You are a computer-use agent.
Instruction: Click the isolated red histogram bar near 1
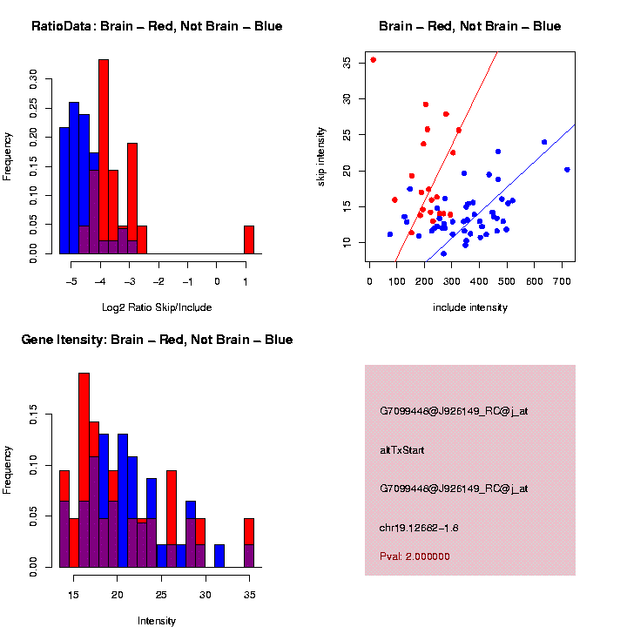click(248, 239)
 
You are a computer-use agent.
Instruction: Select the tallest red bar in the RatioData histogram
click(104, 157)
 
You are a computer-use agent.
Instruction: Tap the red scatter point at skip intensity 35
click(373, 60)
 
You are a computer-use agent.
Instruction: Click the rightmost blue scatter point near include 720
click(567, 170)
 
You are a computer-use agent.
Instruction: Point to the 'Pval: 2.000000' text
click(415, 556)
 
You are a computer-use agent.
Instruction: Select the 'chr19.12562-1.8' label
click(420, 527)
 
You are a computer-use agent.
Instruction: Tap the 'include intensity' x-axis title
click(469, 307)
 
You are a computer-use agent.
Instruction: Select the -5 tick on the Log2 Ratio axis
click(72, 280)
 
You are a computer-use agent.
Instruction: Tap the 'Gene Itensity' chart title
click(157, 340)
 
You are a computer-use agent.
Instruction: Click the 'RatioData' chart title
click(157, 26)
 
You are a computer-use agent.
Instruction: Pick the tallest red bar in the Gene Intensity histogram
click(84, 470)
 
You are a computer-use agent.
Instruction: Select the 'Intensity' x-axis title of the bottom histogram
click(157, 621)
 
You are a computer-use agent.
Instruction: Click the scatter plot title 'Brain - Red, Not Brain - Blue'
click(469, 26)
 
